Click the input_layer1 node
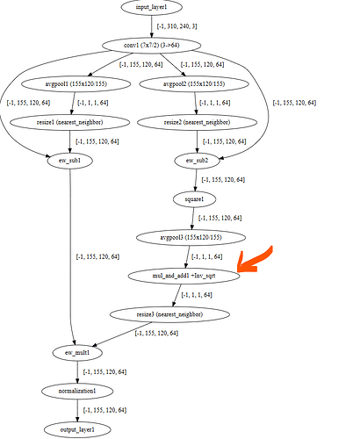tap(152, 7)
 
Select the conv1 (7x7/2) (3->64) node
tap(152, 46)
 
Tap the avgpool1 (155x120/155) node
tap(76, 84)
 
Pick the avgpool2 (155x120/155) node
tap(194, 84)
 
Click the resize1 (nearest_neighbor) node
tap(70, 122)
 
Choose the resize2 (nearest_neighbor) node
tap(197, 122)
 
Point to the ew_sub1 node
tap(69, 161)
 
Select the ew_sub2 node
tap(197, 161)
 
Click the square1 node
tap(195, 199)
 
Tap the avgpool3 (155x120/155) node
tap(191, 237)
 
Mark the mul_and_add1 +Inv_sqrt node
tap(184, 276)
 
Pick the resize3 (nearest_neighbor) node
tap(169, 314)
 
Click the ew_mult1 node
tap(77, 353)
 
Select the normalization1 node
tap(77, 392)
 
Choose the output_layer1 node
tap(77, 429)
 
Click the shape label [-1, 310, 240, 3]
tap(177, 26)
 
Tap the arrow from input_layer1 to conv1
tap(152, 26)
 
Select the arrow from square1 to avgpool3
tap(192, 219)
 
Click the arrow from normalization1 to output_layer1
tap(77, 411)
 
